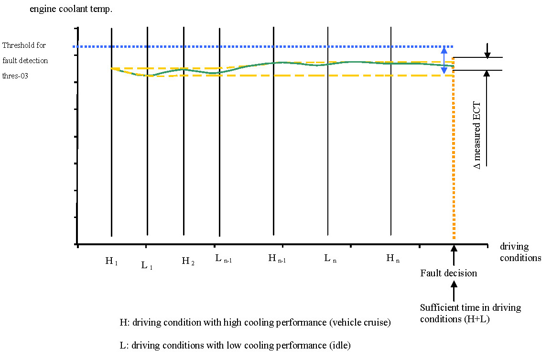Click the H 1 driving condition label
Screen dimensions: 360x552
[111, 261]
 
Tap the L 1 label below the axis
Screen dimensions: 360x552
[147, 266]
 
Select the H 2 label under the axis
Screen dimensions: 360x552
[188, 261]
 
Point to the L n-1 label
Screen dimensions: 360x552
[223, 259]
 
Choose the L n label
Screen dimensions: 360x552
[330, 259]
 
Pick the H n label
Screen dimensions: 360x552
[393, 259]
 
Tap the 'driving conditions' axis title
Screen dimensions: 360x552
[520, 252]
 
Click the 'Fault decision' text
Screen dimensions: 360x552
[448, 273]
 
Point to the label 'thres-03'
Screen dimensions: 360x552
[16, 76]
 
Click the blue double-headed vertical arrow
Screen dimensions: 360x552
[444, 60]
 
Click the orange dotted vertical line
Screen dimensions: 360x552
[453, 158]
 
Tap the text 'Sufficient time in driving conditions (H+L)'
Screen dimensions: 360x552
[470, 313]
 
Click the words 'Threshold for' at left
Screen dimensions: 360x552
[24, 45]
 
